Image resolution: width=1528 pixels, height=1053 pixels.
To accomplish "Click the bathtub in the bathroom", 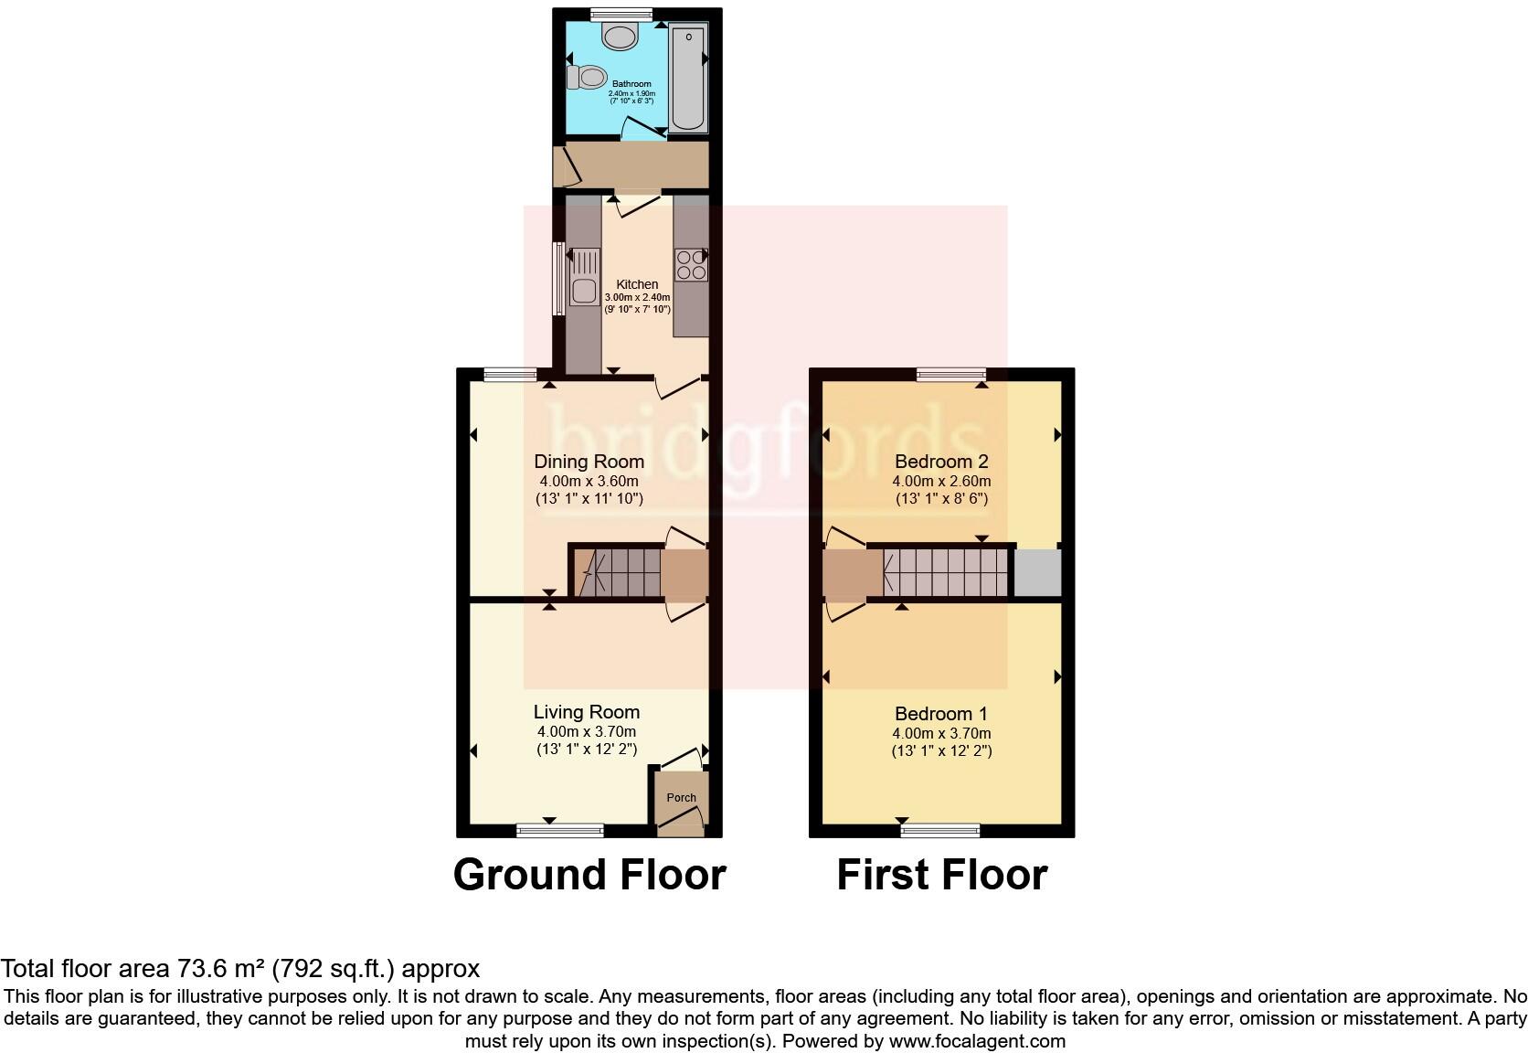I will (x=687, y=80).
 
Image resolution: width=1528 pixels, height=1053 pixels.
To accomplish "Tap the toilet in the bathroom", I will (x=588, y=77).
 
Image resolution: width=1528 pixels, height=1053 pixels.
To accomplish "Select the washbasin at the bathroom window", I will (x=621, y=37).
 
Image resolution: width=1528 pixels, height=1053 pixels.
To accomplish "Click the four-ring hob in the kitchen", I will (x=690, y=265).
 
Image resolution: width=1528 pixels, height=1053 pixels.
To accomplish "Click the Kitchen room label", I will (x=637, y=284).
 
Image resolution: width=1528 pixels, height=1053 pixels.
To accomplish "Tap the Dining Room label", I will (x=589, y=462).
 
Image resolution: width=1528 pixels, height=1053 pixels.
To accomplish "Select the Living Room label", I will (x=587, y=712).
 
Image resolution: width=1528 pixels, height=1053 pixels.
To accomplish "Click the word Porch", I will (x=681, y=797).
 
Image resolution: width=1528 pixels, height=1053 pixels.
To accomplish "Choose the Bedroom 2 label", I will (x=941, y=462).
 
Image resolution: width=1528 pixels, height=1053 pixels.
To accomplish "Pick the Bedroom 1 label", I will (x=941, y=714).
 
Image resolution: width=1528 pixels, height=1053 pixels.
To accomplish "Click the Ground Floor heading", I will (x=589, y=875).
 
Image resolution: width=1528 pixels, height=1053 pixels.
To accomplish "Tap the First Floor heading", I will (x=941, y=875).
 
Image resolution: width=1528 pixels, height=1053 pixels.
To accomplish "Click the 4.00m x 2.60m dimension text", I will (x=941, y=481).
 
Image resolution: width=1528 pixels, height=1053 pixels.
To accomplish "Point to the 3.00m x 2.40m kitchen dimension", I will (x=637, y=297).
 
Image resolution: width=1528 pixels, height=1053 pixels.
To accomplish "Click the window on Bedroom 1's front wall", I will (x=940, y=830).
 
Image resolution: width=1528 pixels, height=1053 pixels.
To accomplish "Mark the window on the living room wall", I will (x=559, y=830).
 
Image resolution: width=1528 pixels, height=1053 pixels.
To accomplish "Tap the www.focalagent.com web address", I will (x=977, y=1040).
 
